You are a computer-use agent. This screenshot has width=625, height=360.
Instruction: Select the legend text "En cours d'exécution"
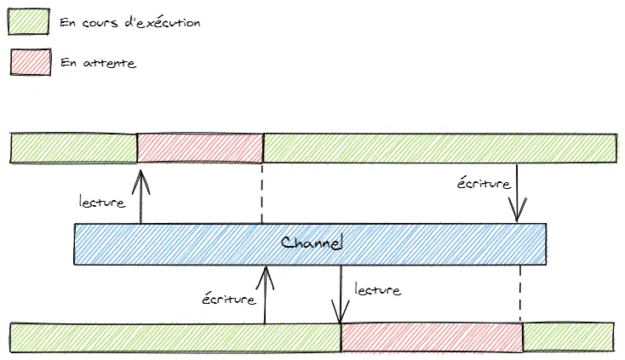[130, 23]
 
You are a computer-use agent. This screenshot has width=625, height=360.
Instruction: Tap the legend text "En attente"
[99, 63]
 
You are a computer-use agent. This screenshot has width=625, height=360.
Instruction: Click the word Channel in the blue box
[312, 244]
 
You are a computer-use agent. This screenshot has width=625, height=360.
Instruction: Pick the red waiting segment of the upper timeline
[200, 147]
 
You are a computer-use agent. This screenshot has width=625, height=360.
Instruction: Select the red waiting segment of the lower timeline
[432, 337]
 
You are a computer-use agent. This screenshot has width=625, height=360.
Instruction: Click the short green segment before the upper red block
[73, 147]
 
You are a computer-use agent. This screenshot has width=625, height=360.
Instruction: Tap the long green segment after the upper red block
[439, 147]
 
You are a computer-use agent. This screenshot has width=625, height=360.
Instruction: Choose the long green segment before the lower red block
[175, 337]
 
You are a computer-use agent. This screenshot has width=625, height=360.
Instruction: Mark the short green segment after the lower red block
[568, 337]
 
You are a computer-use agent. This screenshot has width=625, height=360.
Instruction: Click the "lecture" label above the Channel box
[102, 203]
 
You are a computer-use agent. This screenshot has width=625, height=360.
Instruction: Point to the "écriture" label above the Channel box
[484, 183]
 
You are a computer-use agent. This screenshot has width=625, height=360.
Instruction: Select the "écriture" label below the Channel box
[230, 299]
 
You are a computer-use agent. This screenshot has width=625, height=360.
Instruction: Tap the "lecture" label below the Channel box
[376, 290]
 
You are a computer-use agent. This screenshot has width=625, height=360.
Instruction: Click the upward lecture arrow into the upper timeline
[141, 195]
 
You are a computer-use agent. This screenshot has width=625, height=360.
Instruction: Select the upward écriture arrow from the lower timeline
[266, 294]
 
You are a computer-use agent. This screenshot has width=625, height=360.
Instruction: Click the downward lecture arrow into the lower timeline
[341, 294]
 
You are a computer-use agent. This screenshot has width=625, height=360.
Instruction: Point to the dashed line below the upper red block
[262, 193]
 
